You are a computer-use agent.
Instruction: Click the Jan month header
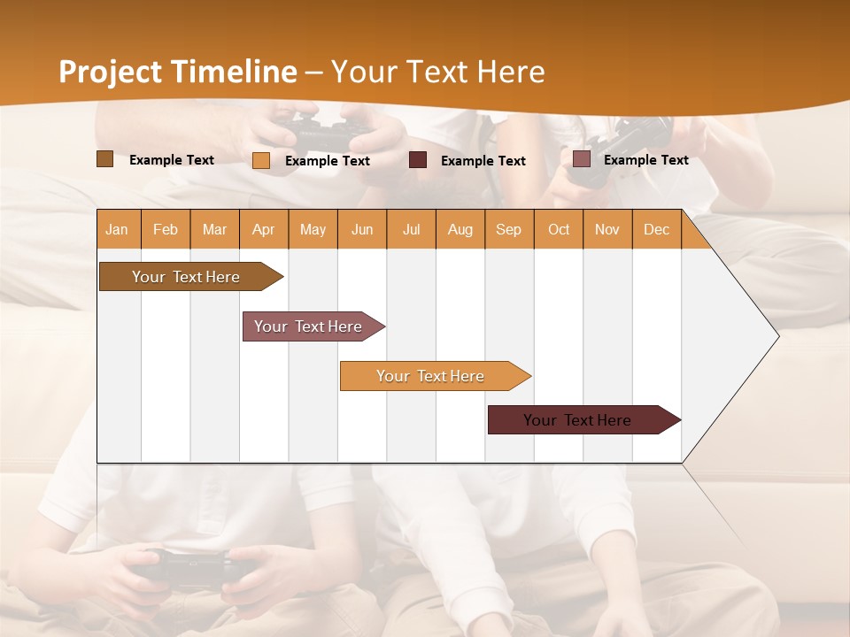point(117,229)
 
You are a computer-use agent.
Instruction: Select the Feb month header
point(166,229)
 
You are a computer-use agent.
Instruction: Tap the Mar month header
point(214,229)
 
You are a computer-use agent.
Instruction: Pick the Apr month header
point(263,229)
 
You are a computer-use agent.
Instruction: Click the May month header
point(313,229)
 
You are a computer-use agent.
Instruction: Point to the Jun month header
point(362,229)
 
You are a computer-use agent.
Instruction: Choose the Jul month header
point(411,229)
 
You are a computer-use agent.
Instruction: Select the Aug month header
point(460,229)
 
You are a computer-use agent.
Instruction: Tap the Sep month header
point(508,229)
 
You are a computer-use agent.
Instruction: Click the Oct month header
point(559,229)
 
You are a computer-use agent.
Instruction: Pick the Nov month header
point(607,229)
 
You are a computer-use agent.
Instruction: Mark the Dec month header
point(656,229)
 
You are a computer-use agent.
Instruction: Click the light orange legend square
point(261,160)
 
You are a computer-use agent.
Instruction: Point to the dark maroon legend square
point(418,160)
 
